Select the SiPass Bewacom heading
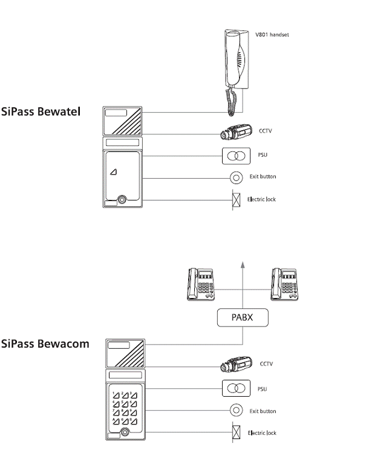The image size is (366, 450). (x=45, y=343)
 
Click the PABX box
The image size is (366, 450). (x=242, y=317)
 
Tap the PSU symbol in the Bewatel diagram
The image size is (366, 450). (x=234, y=156)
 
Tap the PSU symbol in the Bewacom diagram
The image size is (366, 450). (x=234, y=388)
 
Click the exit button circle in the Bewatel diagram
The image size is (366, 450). (x=234, y=177)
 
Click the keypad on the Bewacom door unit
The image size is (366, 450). (x=124, y=406)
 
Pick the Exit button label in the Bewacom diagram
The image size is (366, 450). (x=263, y=411)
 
